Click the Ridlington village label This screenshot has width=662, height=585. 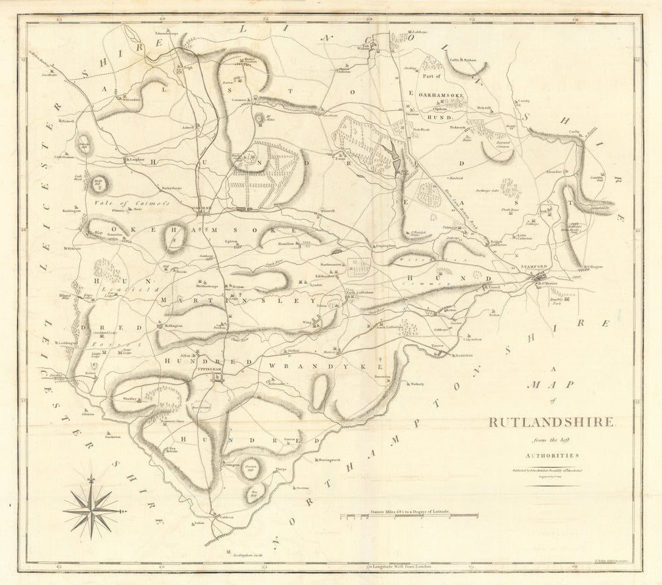coord(173,326)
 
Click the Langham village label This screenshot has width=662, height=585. coord(136,159)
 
